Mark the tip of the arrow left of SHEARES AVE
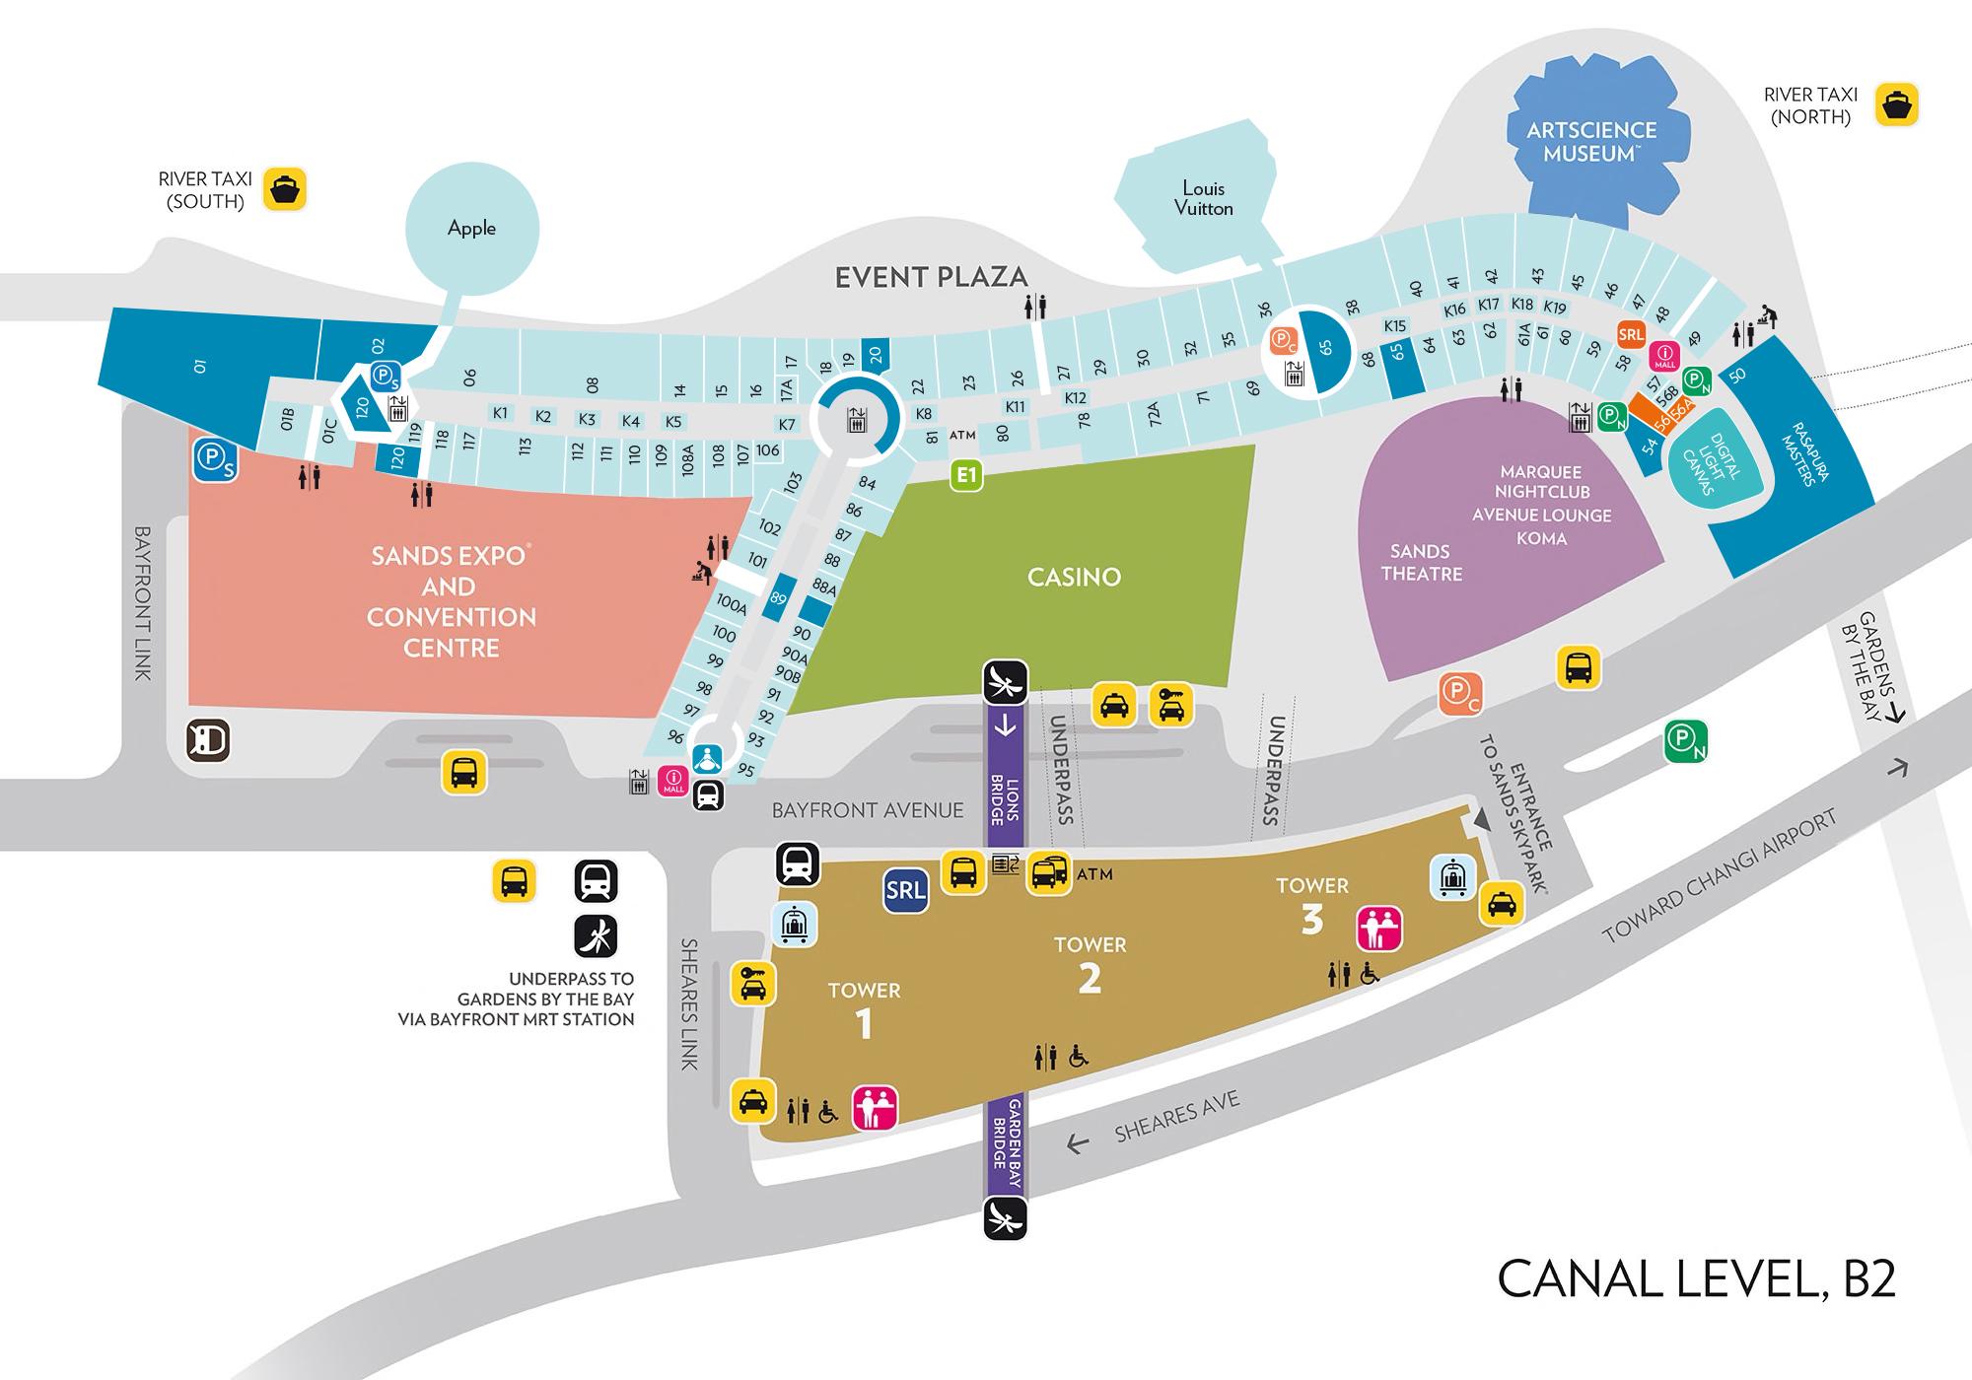[x=1068, y=1146]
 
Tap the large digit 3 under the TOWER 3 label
[x=1311, y=919]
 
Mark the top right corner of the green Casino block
[x=1255, y=445]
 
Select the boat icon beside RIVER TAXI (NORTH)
[x=1896, y=104]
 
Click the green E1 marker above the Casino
[x=966, y=476]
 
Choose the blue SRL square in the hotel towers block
[x=905, y=891]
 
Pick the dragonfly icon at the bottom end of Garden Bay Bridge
[x=1005, y=1218]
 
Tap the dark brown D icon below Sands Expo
[x=208, y=740]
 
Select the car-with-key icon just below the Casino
[x=1171, y=705]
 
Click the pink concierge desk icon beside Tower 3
[x=1379, y=929]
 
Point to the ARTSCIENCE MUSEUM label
[x=1591, y=142]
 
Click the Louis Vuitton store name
[x=1203, y=198]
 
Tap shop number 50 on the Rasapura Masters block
[x=1737, y=375]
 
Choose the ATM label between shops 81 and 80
[x=962, y=435]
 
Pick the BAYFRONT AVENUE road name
[x=868, y=810]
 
